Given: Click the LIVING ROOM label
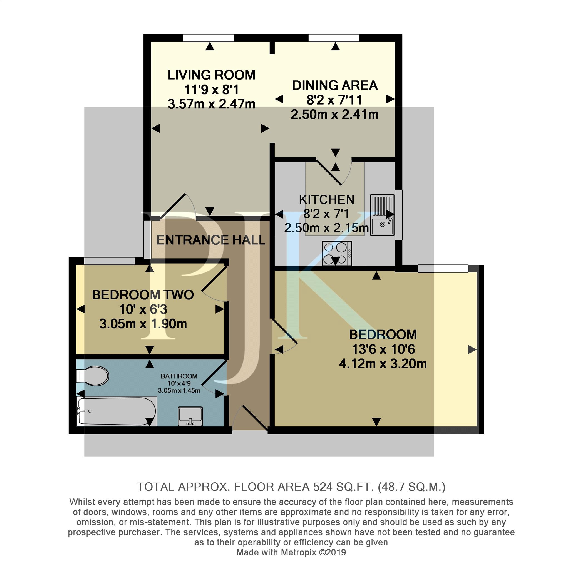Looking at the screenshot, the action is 211,75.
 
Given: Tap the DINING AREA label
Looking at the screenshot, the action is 335,85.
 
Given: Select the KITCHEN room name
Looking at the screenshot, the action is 327,200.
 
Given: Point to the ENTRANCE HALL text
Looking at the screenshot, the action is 211,240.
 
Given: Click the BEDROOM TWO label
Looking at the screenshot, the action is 143,295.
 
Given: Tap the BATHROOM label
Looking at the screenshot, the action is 179,376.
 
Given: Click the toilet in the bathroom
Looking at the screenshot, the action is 92,376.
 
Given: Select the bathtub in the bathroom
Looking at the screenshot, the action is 116,411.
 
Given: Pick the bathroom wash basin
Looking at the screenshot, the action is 190,416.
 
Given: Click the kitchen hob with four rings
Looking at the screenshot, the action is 337,253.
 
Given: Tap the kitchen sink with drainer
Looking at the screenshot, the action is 382,215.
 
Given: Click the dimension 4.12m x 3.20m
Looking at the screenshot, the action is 383,364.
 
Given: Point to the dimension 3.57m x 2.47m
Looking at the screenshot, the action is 212,104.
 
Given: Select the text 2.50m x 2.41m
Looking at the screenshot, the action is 334,115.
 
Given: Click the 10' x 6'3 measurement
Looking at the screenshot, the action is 143,309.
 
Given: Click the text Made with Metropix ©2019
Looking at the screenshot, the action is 291,552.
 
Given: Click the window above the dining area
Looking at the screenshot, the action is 334,38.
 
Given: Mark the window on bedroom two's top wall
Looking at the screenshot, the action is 109,261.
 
